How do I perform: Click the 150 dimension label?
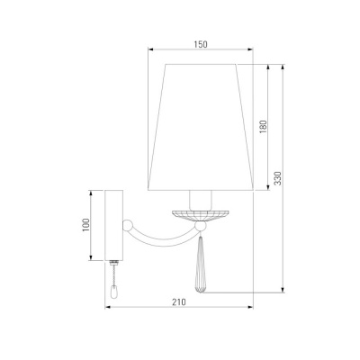(201, 45)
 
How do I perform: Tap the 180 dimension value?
(263, 127)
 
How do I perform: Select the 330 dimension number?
(278, 178)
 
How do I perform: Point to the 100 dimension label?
(86, 225)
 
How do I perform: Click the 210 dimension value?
(179, 302)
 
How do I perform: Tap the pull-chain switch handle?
(114, 292)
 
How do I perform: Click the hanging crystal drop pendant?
(200, 263)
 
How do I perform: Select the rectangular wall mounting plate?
(113, 225)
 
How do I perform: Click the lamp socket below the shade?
(201, 200)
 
